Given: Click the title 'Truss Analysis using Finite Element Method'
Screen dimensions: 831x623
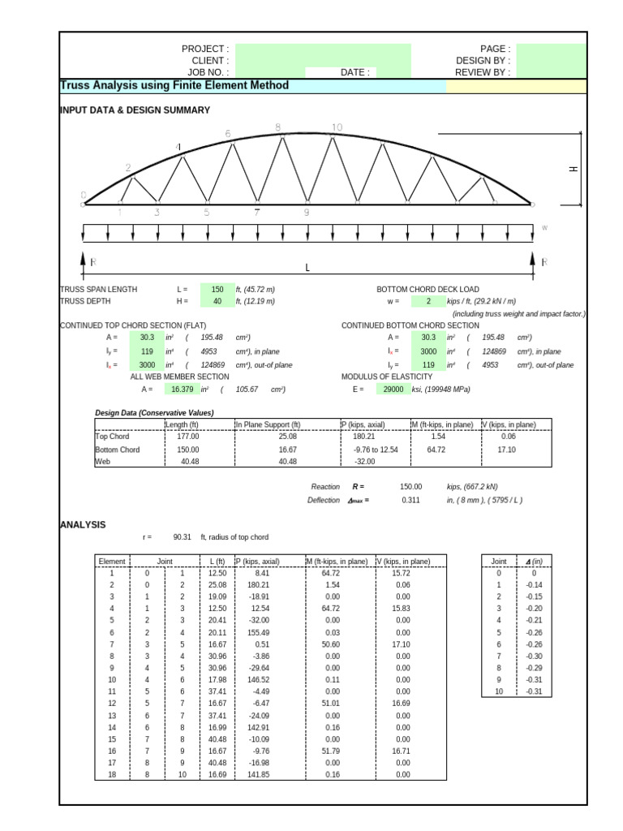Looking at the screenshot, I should [174, 86].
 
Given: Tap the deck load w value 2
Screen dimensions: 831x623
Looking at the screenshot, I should [428, 301].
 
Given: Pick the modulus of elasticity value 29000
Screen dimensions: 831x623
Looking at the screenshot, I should [393, 390].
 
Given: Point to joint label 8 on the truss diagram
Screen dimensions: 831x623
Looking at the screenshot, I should [278, 127].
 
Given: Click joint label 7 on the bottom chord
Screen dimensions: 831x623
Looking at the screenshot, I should [257, 213].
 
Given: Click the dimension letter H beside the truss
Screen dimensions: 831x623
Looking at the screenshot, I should [573, 169].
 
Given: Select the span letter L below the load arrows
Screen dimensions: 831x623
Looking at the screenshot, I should [307, 268].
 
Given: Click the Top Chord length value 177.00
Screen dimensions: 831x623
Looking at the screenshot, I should [187, 436].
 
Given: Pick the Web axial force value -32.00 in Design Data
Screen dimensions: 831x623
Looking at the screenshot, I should [364, 462].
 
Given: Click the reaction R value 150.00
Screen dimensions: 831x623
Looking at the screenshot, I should [411, 487].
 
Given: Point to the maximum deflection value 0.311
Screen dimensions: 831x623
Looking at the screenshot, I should [411, 501].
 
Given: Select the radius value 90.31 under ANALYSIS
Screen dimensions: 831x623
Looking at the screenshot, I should [182, 537].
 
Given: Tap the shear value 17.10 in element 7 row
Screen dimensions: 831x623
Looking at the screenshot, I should [403, 644].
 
